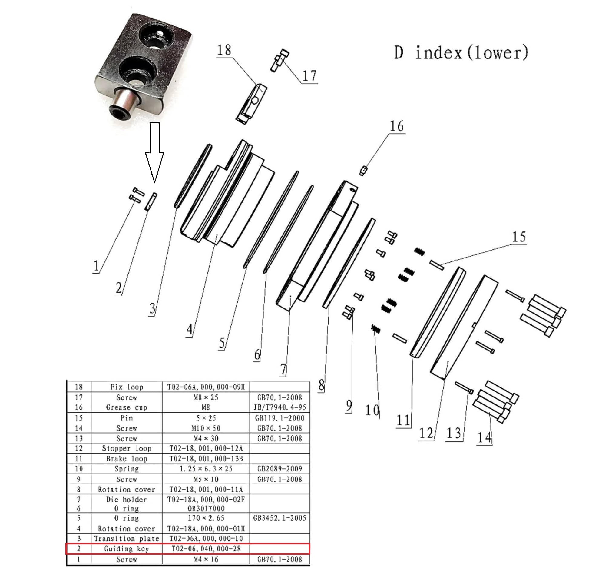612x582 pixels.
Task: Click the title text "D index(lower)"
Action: (461, 53)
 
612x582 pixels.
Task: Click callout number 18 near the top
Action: (224, 50)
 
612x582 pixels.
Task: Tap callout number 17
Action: (309, 76)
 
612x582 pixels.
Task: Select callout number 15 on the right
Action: (519, 237)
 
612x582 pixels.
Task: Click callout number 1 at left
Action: (96, 266)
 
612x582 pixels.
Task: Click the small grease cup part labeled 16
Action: (363, 171)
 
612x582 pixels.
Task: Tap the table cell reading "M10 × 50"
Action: (206, 428)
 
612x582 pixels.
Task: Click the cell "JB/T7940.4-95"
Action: (279, 407)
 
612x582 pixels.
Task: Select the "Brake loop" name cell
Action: (127, 459)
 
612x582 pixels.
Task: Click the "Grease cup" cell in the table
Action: (127, 407)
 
